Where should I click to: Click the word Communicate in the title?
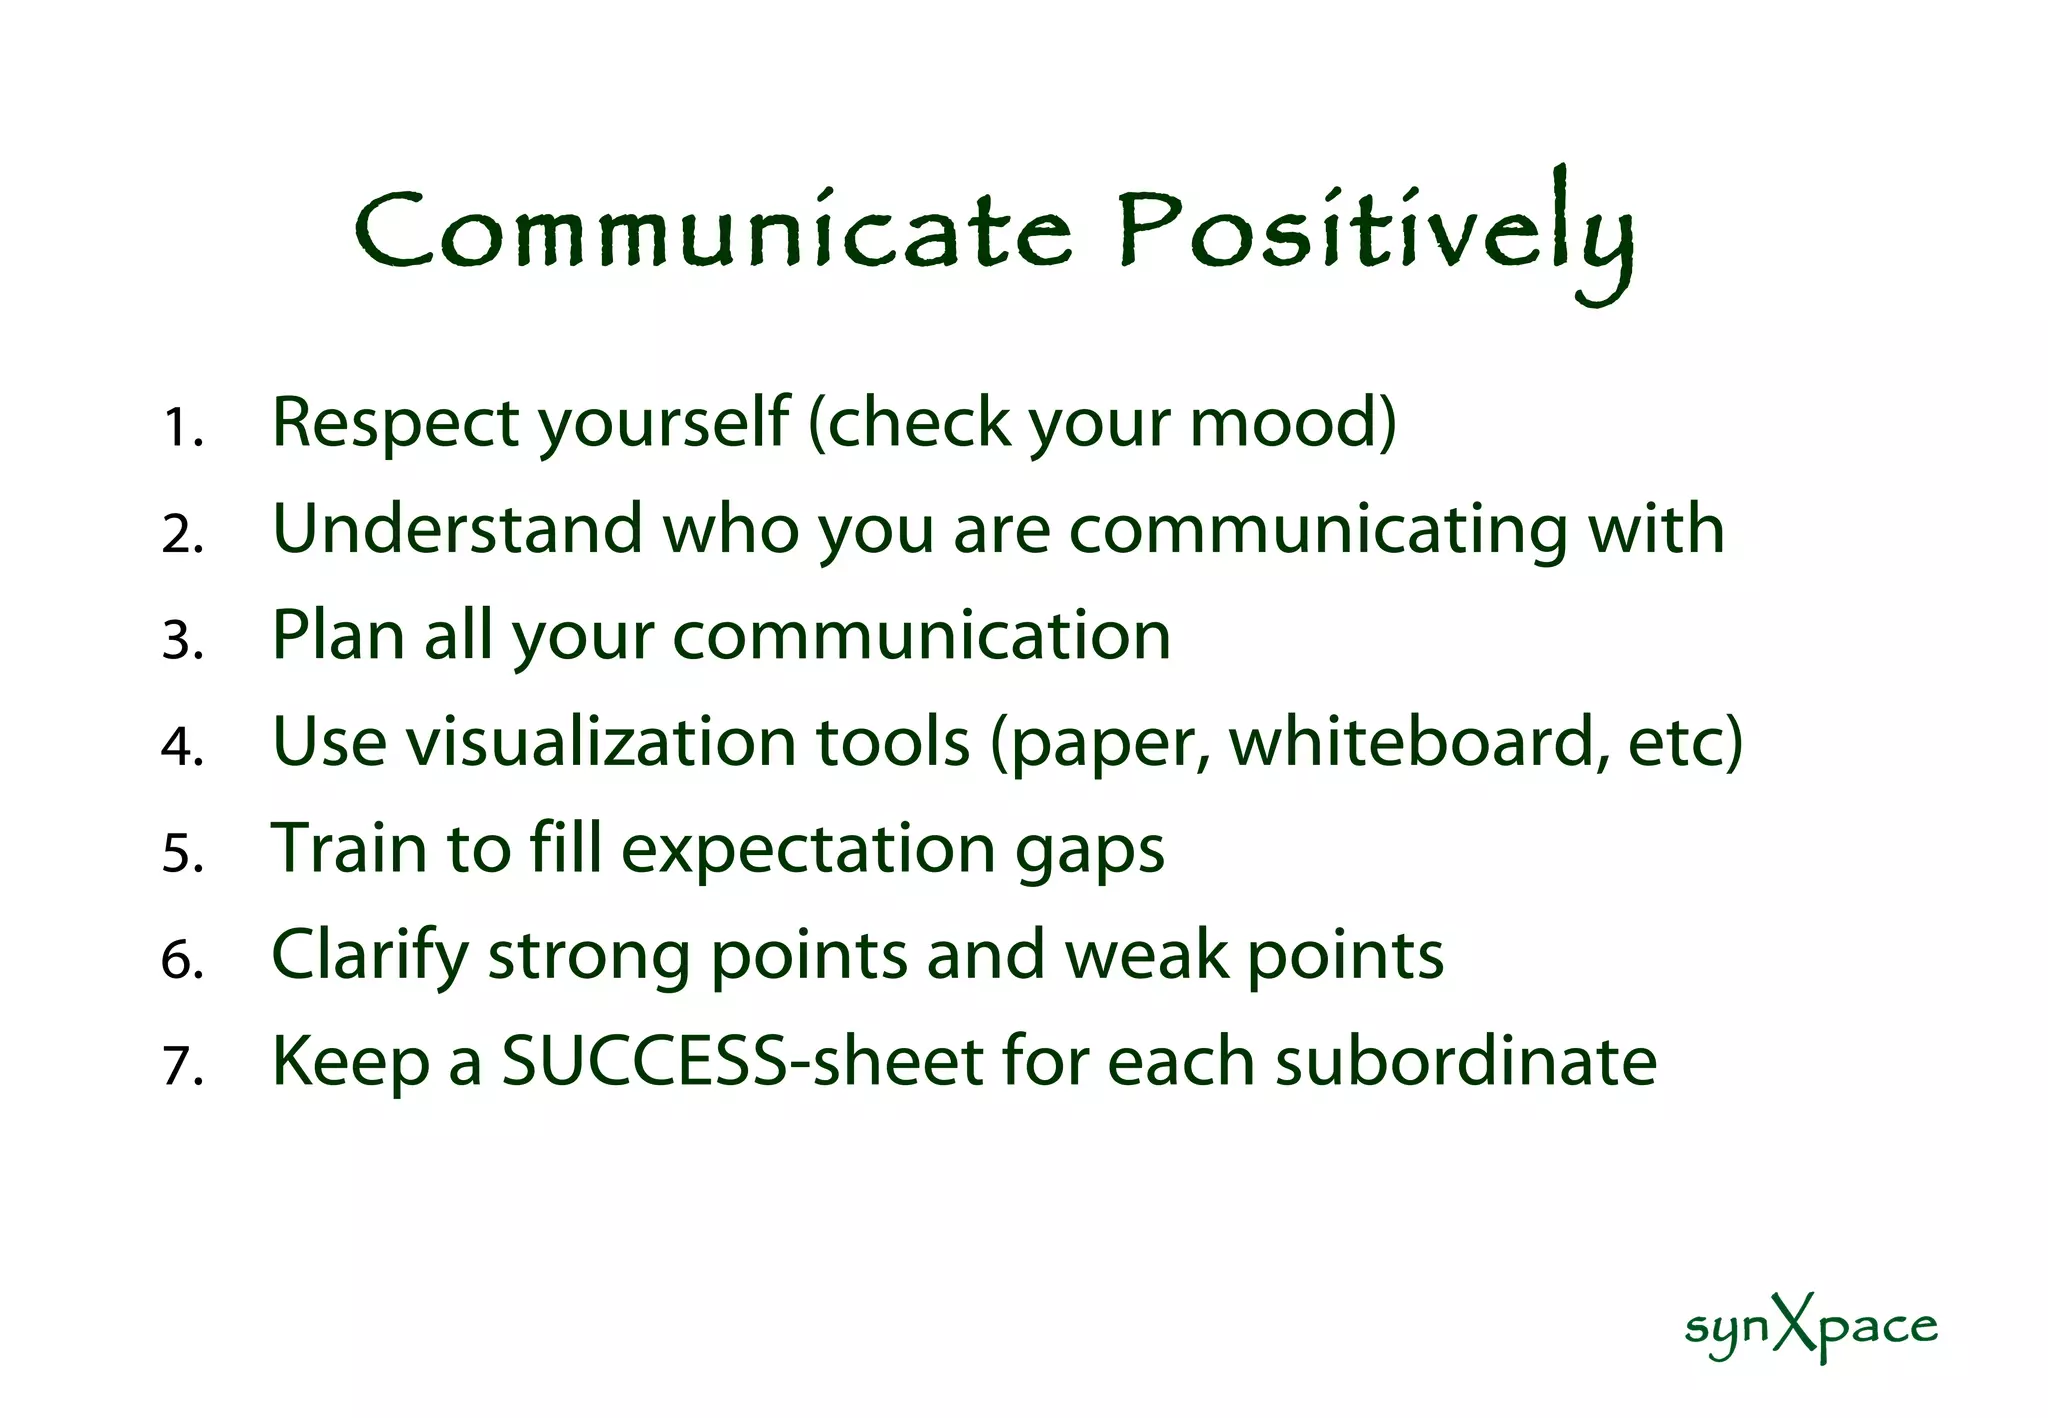click(x=713, y=232)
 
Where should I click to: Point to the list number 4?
click(x=182, y=747)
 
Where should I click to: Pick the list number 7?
click(x=182, y=1066)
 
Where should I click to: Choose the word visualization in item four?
click(x=600, y=742)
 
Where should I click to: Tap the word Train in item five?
click(x=349, y=848)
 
